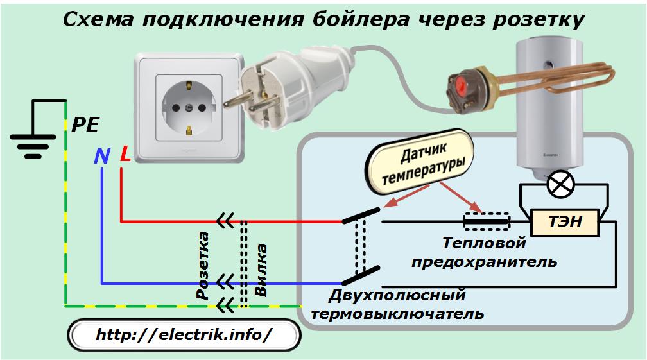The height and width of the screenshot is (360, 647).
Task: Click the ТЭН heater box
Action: click(x=564, y=223)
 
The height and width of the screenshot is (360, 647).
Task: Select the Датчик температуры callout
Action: click(x=420, y=162)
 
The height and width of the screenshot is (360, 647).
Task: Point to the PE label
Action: click(x=85, y=125)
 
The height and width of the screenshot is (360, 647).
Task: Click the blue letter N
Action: click(x=102, y=156)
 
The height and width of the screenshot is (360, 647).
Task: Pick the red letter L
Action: click(x=125, y=154)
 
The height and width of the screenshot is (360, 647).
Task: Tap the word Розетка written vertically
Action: click(x=203, y=265)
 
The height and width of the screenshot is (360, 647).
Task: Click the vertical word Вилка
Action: click(x=261, y=270)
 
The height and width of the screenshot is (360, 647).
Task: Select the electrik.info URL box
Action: click(x=184, y=334)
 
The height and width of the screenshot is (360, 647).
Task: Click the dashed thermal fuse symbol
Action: click(x=486, y=221)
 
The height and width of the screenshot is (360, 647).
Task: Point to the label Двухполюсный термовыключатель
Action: click(x=397, y=304)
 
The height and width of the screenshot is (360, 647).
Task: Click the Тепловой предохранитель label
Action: click(x=484, y=252)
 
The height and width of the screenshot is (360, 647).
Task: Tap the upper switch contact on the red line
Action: click(x=361, y=216)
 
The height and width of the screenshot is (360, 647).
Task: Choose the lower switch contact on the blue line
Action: click(x=361, y=276)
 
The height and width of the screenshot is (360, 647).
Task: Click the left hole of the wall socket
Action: click(x=176, y=108)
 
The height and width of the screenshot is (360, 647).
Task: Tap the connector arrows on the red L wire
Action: click(x=225, y=221)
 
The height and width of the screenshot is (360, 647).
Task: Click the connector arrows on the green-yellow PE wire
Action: click(x=225, y=305)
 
